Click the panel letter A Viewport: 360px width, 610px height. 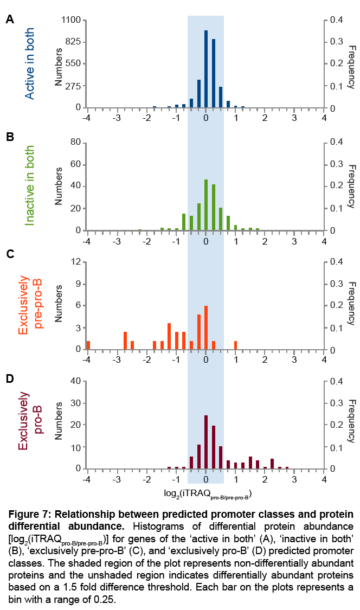[10, 20]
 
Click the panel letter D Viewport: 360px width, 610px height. [10, 377]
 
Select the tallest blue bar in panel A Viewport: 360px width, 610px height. [206, 69]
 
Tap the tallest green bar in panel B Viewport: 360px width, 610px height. [206, 205]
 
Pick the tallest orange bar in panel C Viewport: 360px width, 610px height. [206, 328]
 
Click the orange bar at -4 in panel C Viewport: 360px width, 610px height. [88, 345]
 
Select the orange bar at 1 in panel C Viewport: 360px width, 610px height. [236, 345]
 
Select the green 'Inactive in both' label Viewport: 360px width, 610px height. [29, 186]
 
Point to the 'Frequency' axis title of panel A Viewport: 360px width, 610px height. [350, 63]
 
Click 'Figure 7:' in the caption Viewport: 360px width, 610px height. [29, 513]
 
